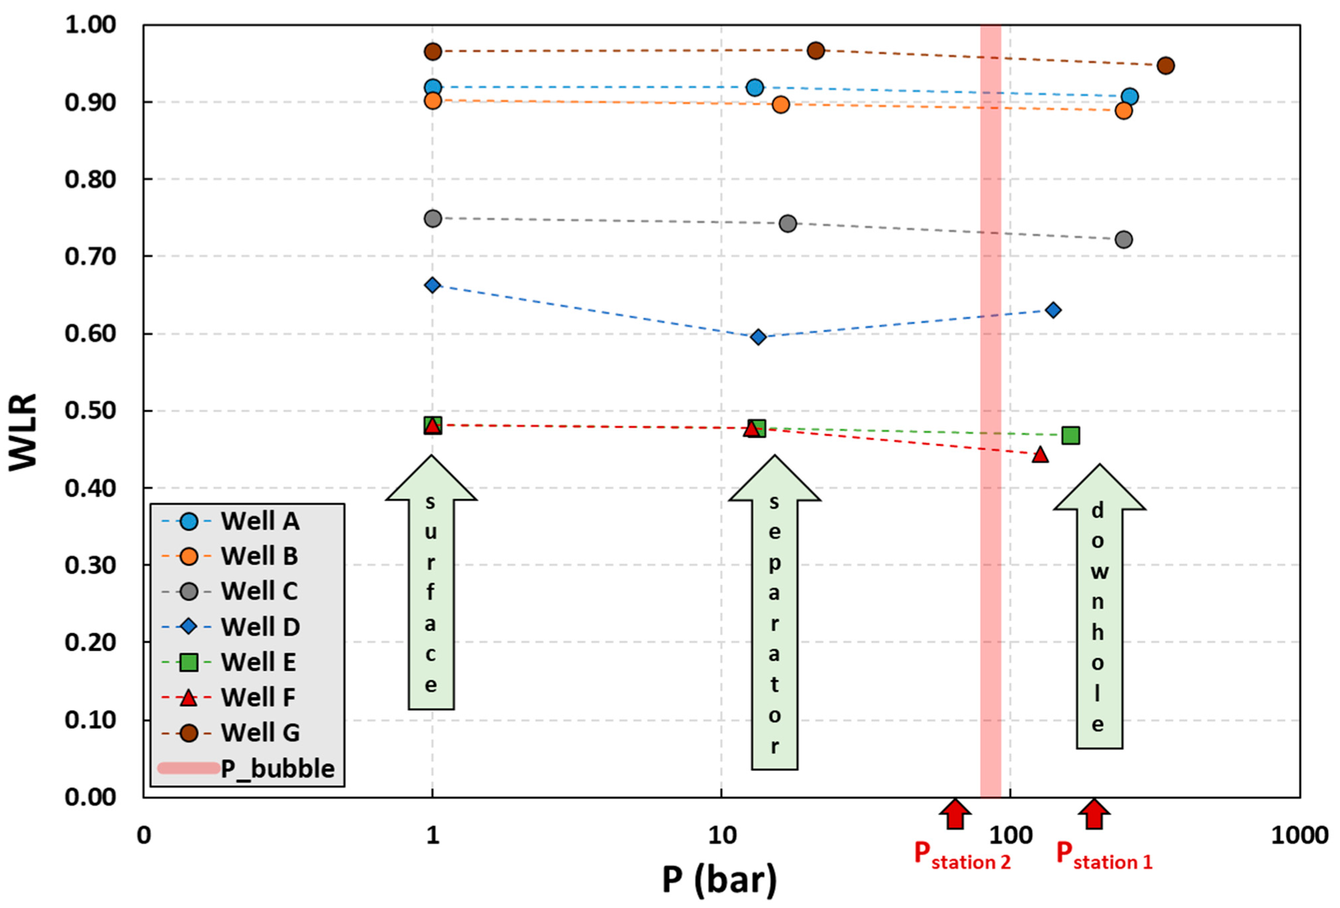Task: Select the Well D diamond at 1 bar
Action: (x=432, y=285)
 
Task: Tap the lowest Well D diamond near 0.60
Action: (x=758, y=337)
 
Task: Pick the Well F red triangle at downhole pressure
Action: (x=1040, y=455)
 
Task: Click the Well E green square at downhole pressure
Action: (x=1070, y=436)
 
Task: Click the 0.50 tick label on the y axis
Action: (x=90, y=411)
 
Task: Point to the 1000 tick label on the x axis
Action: (x=1300, y=835)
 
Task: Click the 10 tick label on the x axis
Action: (x=721, y=835)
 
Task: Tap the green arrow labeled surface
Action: (x=431, y=583)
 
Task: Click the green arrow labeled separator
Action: (x=774, y=611)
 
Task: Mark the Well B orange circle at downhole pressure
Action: (x=1123, y=110)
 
